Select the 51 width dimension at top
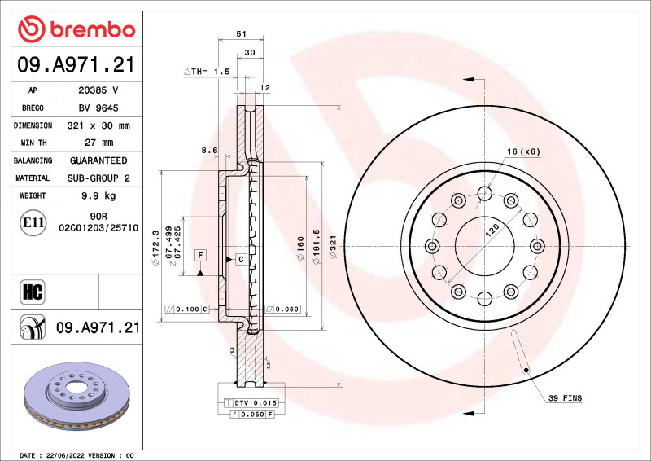pyautogui.click(x=241, y=34)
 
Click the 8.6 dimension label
pyautogui.click(x=209, y=150)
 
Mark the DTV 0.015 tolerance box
pyautogui.click(x=256, y=403)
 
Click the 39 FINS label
pyautogui.click(x=564, y=398)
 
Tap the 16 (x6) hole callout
pyautogui.click(x=523, y=151)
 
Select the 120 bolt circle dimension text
pyautogui.click(x=492, y=230)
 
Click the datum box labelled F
pyautogui.click(x=199, y=256)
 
